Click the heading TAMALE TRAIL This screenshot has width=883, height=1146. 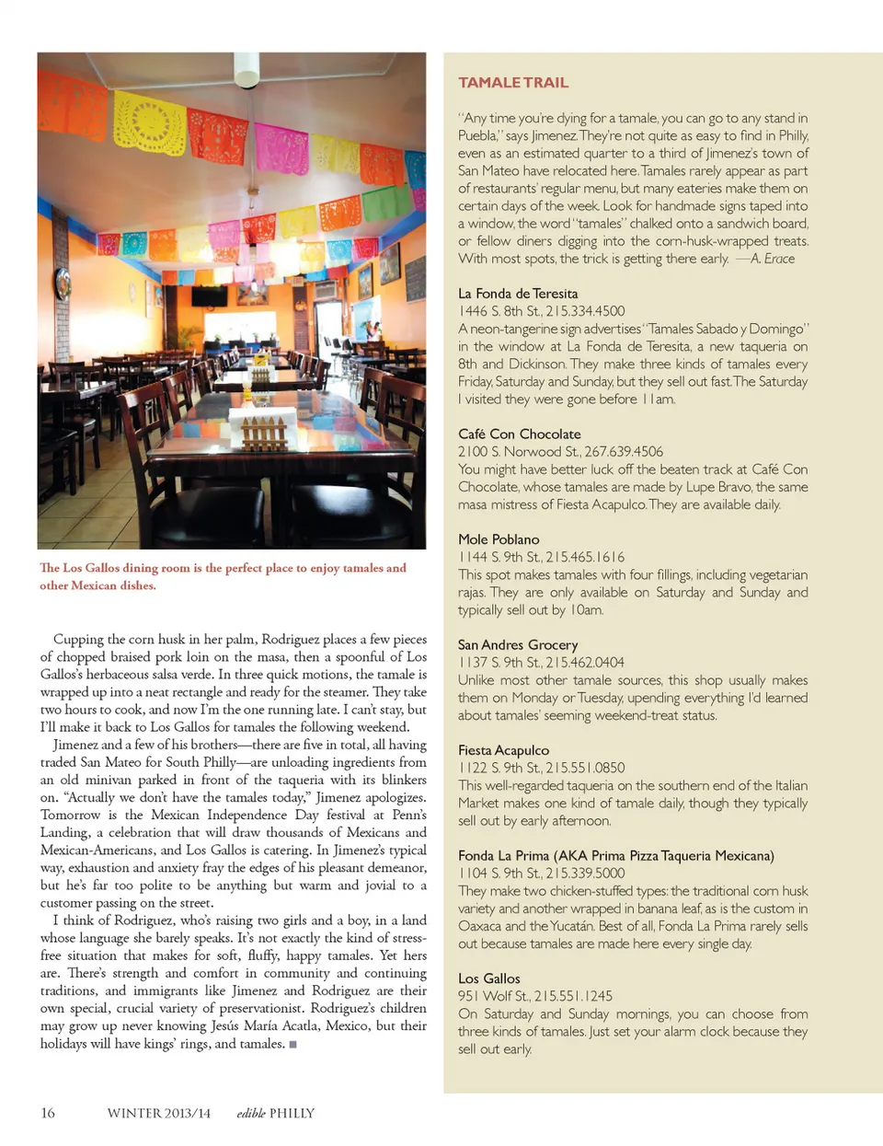click(x=513, y=83)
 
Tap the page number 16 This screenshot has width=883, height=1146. click(x=48, y=1113)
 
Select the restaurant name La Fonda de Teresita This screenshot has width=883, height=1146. click(x=518, y=294)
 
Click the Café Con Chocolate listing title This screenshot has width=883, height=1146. click(x=519, y=434)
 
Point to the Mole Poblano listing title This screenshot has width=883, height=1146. click(x=499, y=539)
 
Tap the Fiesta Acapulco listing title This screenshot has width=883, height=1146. click(x=503, y=750)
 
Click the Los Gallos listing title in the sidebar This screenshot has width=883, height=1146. click(x=488, y=978)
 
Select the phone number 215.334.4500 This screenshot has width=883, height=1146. click(x=585, y=311)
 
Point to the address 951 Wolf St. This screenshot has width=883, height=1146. click(x=493, y=996)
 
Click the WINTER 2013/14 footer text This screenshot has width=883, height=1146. click(x=158, y=1113)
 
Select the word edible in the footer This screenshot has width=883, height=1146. click(x=250, y=1113)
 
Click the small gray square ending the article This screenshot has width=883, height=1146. click(x=292, y=1045)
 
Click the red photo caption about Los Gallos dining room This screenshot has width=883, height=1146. click(x=223, y=576)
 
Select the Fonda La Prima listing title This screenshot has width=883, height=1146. click(x=615, y=856)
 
